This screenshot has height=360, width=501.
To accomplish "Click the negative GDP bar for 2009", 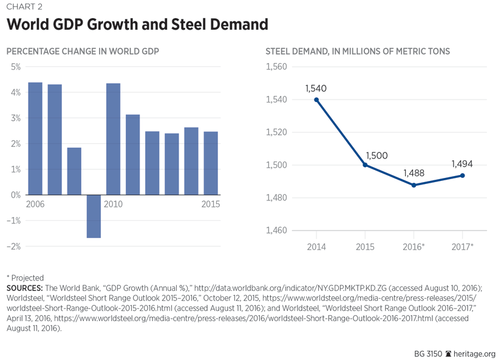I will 94,216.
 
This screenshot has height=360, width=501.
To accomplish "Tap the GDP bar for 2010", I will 113,139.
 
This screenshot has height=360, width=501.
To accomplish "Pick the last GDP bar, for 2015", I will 211,163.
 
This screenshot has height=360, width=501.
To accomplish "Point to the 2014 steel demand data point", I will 316,100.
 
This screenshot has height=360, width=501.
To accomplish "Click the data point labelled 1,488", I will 414,185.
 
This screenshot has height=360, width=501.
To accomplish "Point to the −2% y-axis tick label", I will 14,246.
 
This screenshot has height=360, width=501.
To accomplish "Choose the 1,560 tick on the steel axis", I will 277,67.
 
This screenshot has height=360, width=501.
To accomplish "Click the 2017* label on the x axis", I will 463,246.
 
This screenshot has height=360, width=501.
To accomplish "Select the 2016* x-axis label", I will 414,246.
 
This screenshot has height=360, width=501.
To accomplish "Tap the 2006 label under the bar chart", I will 35,204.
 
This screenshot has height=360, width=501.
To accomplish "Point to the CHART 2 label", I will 24,7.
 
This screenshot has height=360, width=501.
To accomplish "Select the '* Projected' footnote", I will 25,277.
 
